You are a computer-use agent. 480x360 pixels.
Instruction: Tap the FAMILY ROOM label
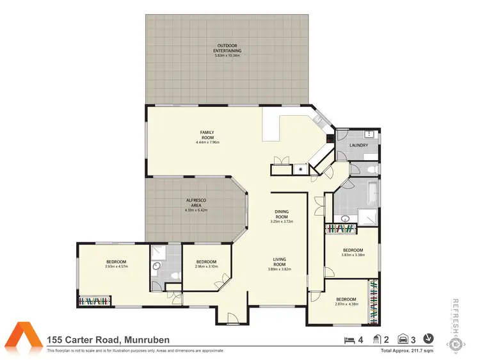(x=207, y=135)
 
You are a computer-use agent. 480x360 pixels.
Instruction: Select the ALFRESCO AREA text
(x=195, y=202)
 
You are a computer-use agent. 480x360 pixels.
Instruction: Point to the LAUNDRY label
(x=358, y=145)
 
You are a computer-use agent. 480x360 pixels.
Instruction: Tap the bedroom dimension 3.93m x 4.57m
(x=116, y=266)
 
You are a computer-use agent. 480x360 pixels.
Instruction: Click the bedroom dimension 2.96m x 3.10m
(x=206, y=266)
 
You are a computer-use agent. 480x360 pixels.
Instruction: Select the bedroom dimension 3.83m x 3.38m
(x=353, y=254)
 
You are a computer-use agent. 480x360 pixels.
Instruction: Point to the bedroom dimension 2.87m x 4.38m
(x=346, y=303)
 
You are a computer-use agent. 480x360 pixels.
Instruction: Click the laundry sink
(x=369, y=135)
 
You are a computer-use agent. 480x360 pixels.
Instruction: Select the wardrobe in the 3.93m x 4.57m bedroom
(x=95, y=301)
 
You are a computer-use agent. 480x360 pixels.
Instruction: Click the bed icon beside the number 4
(x=349, y=339)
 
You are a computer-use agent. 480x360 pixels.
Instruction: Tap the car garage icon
(x=403, y=339)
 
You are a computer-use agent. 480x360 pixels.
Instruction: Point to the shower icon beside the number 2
(x=377, y=339)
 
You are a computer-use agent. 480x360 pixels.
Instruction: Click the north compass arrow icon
(x=428, y=339)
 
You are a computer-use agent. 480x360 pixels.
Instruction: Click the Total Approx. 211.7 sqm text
(x=407, y=351)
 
